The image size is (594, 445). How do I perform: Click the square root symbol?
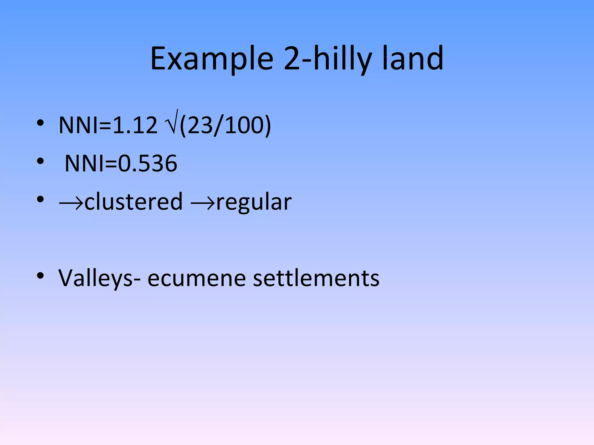tap(172, 123)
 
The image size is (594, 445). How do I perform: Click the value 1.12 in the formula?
tap(135, 125)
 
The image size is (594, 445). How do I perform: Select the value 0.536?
tap(147, 163)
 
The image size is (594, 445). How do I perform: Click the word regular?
tap(254, 202)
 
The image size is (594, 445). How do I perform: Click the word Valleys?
tap(96, 278)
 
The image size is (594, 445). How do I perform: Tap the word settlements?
tap(316, 278)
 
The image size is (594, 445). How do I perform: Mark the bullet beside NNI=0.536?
tap(40, 161)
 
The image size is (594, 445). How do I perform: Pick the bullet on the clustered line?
tap(40, 199)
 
